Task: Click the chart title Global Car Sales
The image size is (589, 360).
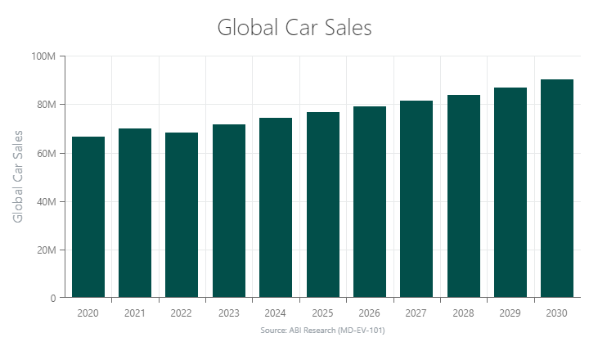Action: [x=294, y=27]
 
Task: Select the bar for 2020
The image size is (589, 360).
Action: [x=88, y=217]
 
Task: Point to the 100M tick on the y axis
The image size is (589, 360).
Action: [x=43, y=56]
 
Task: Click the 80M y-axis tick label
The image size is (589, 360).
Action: [x=44, y=105]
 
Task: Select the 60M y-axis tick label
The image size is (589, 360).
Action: [x=44, y=153]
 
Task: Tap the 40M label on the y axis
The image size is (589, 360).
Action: [x=44, y=202]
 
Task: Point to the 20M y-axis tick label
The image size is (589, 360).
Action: [x=44, y=250]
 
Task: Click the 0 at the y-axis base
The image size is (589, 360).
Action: [x=52, y=299]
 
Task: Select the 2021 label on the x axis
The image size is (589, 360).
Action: [x=135, y=313]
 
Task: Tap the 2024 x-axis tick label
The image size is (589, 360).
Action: [x=276, y=313]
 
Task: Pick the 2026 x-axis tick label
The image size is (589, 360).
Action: [x=369, y=313]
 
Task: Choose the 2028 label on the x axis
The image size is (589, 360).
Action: [x=463, y=313]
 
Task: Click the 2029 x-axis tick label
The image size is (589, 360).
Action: [x=510, y=313]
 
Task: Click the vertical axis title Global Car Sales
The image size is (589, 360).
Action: [x=18, y=176]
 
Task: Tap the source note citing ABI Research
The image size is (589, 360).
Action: [x=322, y=331]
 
